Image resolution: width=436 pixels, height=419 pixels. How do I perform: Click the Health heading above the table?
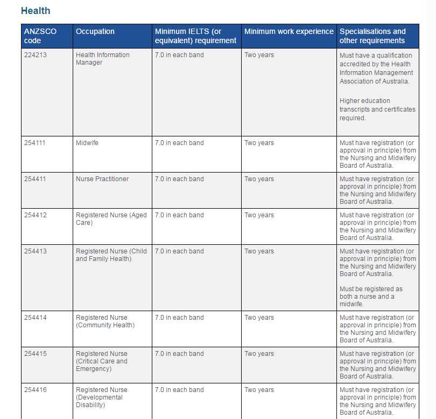click(x=36, y=11)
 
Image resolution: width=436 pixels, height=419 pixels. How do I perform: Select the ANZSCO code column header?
click(x=40, y=36)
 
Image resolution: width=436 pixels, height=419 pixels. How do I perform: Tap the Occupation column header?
click(x=95, y=31)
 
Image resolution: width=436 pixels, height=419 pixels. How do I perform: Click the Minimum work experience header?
click(x=289, y=31)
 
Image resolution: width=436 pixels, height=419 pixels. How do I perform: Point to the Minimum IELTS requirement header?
click(x=195, y=36)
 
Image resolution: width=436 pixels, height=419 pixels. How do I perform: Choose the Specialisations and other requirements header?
click(x=372, y=36)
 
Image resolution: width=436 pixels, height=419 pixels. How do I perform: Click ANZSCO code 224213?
click(x=36, y=55)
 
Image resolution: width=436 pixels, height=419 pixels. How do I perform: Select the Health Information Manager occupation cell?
click(x=102, y=59)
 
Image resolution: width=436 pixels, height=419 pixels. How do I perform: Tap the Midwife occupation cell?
click(x=87, y=143)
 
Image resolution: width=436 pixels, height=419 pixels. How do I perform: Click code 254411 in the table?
click(x=36, y=179)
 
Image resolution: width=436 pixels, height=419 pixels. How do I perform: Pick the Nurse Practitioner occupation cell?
click(x=102, y=179)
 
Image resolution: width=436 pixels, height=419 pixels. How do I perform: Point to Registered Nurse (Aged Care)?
click(x=111, y=219)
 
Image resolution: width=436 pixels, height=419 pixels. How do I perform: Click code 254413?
click(x=36, y=251)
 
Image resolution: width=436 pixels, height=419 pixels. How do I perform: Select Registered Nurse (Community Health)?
click(x=105, y=321)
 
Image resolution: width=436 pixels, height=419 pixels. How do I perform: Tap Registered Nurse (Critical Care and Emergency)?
click(x=102, y=361)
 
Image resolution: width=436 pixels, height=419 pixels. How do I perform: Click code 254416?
click(x=36, y=390)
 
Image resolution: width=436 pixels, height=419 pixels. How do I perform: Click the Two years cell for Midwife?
click(x=259, y=143)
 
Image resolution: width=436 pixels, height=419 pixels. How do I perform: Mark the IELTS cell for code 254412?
click(x=179, y=215)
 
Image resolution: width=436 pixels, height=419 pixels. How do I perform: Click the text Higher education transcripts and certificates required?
click(x=377, y=109)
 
